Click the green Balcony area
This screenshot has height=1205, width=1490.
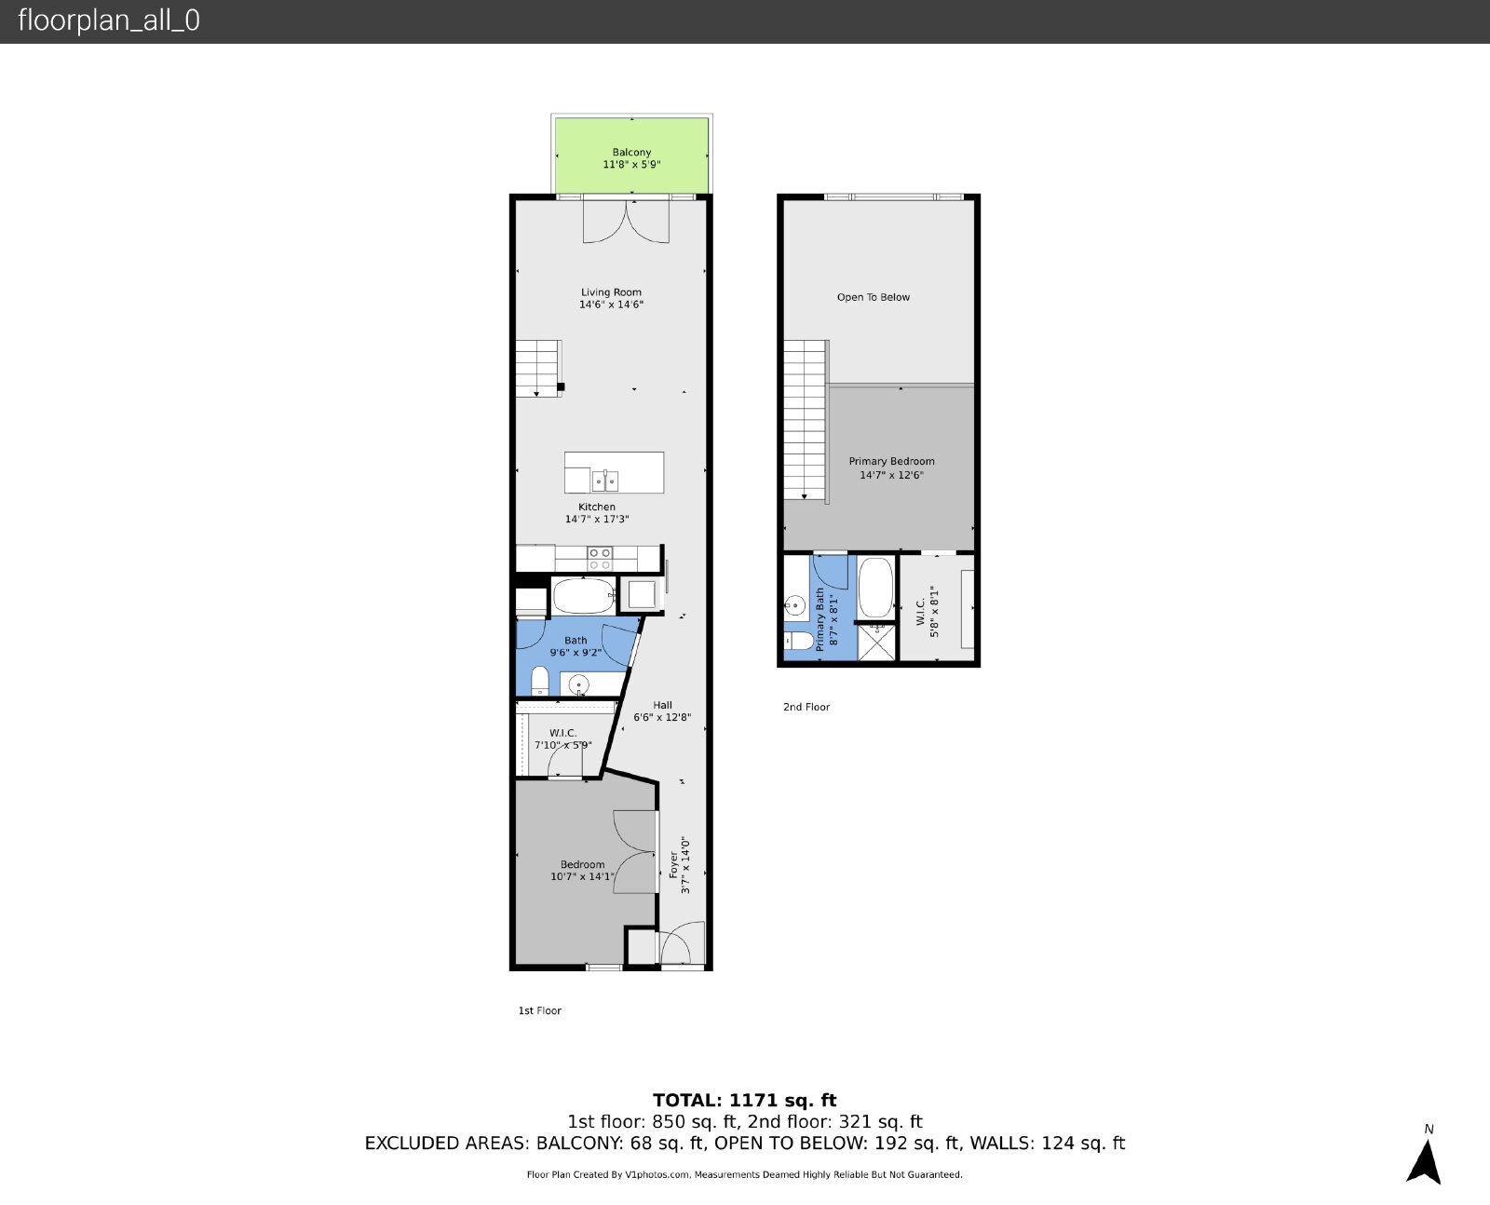pyautogui.click(x=631, y=156)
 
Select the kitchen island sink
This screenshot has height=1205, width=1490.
pyautogui.click(x=605, y=481)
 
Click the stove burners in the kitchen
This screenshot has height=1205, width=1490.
pyautogui.click(x=600, y=559)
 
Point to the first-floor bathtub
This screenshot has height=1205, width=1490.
pyautogui.click(x=584, y=596)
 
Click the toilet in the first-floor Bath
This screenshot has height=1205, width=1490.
pyautogui.click(x=539, y=681)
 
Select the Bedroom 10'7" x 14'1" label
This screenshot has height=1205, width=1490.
pyautogui.click(x=582, y=870)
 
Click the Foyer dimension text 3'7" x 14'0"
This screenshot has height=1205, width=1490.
pyautogui.click(x=685, y=865)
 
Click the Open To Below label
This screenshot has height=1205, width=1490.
pyautogui.click(x=873, y=297)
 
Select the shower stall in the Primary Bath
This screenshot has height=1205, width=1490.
pyautogui.click(x=875, y=642)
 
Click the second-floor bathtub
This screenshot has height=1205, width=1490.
pyautogui.click(x=875, y=588)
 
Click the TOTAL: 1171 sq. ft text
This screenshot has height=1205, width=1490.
pyautogui.click(x=744, y=1100)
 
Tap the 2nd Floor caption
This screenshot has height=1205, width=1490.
pyautogui.click(x=806, y=707)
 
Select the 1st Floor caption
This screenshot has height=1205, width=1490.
pyautogui.click(x=539, y=1010)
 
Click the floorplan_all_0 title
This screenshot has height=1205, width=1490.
pyautogui.click(x=108, y=20)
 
